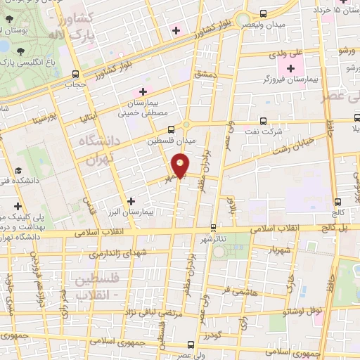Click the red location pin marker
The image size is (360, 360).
point(181,166)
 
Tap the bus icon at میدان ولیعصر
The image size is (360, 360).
point(262,13)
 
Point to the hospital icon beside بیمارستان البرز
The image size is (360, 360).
point(131,201)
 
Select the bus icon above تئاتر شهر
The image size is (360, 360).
point(214,227)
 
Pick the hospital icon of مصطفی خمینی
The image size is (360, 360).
point(143,91)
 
